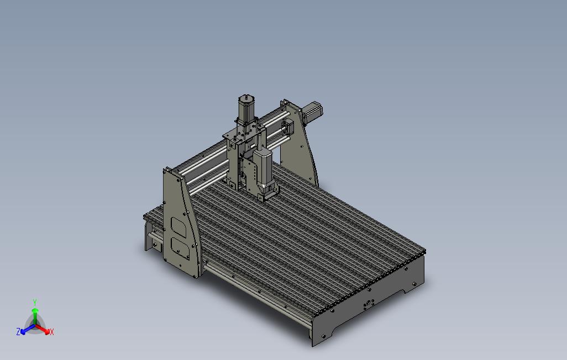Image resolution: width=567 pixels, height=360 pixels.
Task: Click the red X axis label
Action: click(x=51, y=332)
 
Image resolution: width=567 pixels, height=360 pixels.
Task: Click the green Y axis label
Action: click(x=34, y=302)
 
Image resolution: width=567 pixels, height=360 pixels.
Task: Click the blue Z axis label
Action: click(x=18, y=332)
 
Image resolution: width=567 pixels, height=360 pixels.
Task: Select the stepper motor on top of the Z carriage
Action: click(x=246, y=107)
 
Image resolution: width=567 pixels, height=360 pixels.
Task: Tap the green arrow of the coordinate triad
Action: click(x=34, y=315)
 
